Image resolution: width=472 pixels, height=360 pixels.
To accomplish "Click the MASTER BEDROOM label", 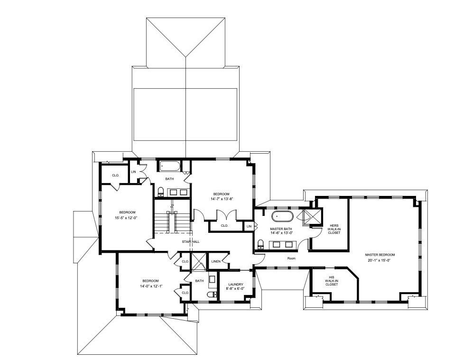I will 379,255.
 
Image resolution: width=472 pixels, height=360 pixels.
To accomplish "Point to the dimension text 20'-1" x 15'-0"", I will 379,260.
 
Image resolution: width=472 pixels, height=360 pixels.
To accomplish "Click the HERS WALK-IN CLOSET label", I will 333,229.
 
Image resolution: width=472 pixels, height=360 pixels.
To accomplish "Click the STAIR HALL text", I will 190,242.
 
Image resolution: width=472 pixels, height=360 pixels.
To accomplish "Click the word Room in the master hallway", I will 291,258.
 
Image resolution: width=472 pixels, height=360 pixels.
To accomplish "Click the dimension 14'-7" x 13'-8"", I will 221,199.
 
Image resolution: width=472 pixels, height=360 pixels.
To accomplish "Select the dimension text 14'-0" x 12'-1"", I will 149,286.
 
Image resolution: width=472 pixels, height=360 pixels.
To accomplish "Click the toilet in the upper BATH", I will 161,192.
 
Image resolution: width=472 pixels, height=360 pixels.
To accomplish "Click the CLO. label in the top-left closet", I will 115,175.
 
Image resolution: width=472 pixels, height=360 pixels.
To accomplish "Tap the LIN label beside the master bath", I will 249,227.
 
